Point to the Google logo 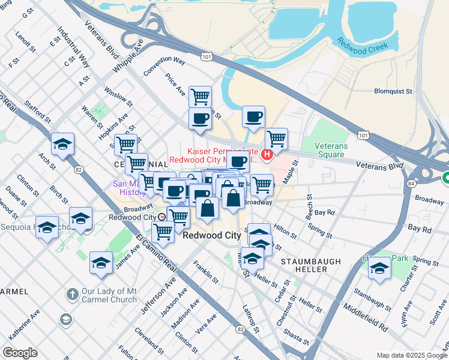20,353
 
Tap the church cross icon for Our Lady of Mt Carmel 71,294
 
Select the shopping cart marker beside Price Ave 200,96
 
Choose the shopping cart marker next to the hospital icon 276,139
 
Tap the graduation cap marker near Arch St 62,144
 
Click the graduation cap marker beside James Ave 101,262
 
